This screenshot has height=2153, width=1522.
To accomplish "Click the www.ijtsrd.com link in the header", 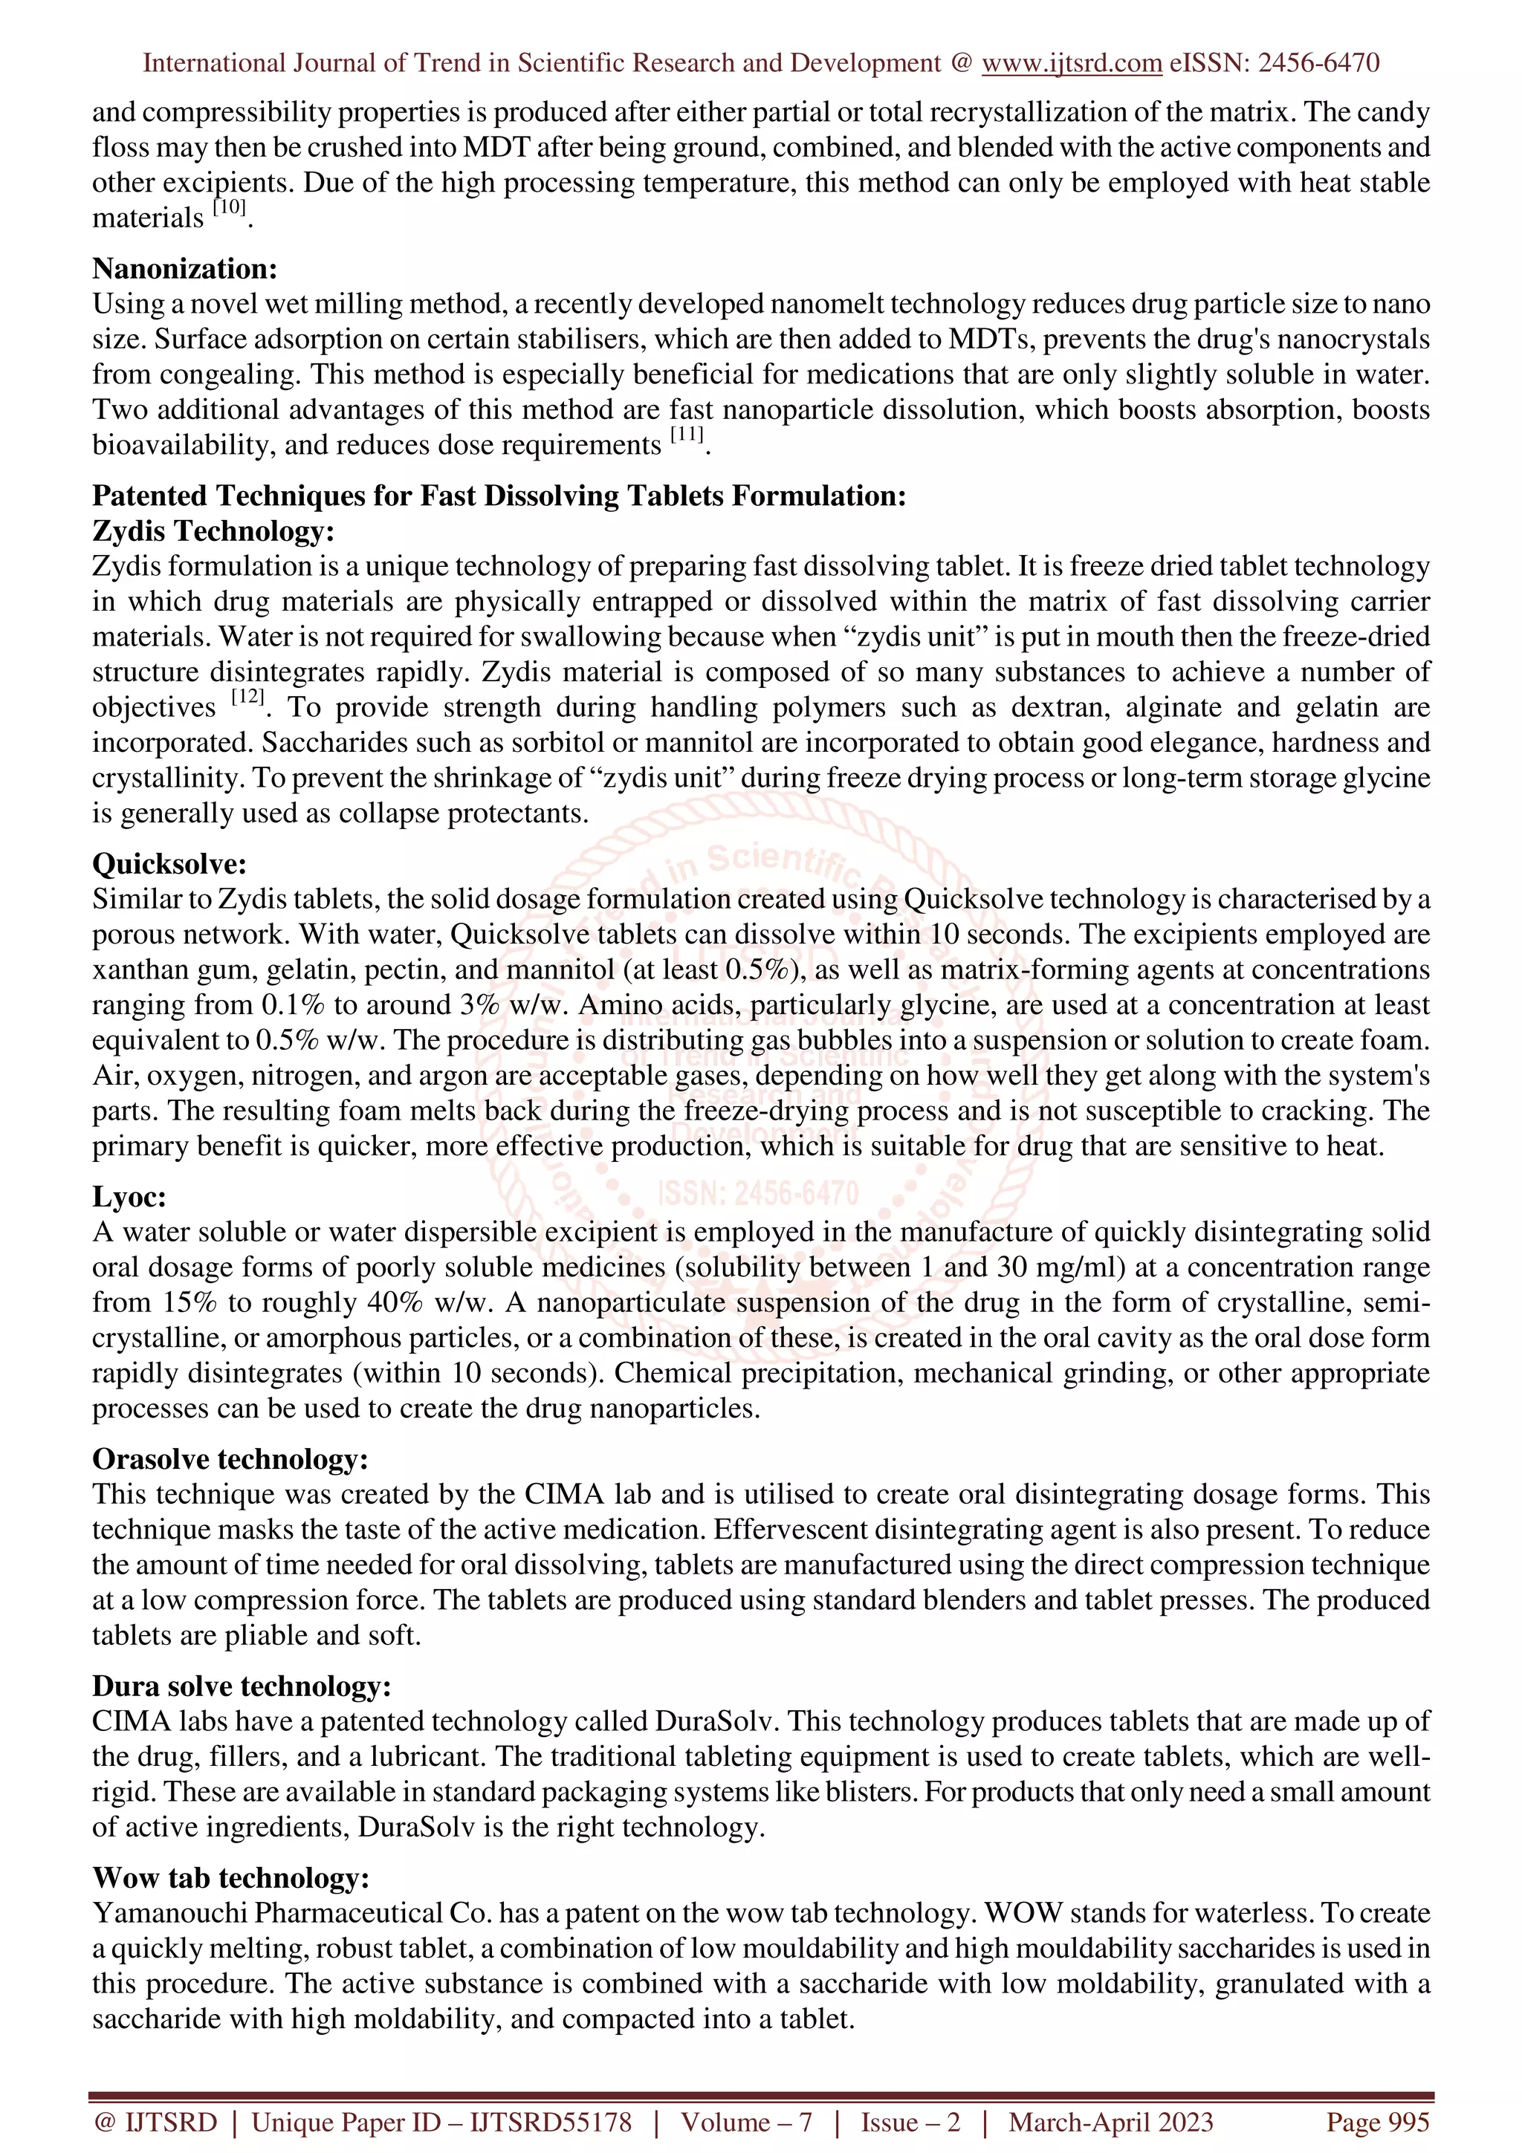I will (x=1071, y=63).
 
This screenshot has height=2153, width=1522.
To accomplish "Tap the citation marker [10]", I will (x=229, y=209).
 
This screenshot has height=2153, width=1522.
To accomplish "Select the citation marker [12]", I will (x=247, y=698).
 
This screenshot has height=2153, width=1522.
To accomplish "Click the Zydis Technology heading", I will (x=213, y=532).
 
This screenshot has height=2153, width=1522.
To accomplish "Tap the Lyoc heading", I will (x=129, y=1198).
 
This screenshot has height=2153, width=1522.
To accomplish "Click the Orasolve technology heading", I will (x=230, y=1459).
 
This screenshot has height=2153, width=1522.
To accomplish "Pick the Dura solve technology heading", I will (x=241, y=1686).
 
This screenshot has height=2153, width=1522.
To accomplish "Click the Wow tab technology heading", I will (x=230, y=1878).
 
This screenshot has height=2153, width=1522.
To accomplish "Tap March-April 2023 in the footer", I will (x=1110, y=2122).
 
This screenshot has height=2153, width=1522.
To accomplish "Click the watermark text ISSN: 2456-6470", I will (x=758, y=1194).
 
